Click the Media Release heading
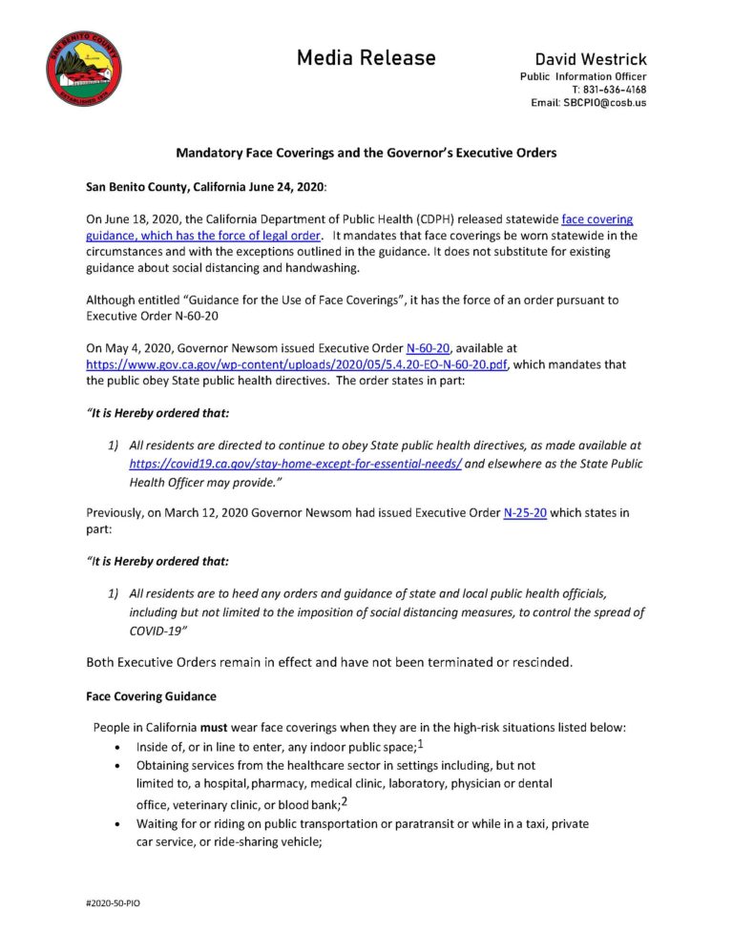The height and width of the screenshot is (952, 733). (x=366, y=58)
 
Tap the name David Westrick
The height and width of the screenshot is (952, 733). (x=590, y=58)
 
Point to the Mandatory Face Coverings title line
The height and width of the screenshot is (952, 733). (x=366, y=153)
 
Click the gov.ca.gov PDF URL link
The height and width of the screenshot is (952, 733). (x=297, y=364)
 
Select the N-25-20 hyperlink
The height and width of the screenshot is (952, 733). (x=525, y=512)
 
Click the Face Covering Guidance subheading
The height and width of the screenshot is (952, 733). (x=152, y=696)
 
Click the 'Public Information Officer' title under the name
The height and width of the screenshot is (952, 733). (x=582, y=76)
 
